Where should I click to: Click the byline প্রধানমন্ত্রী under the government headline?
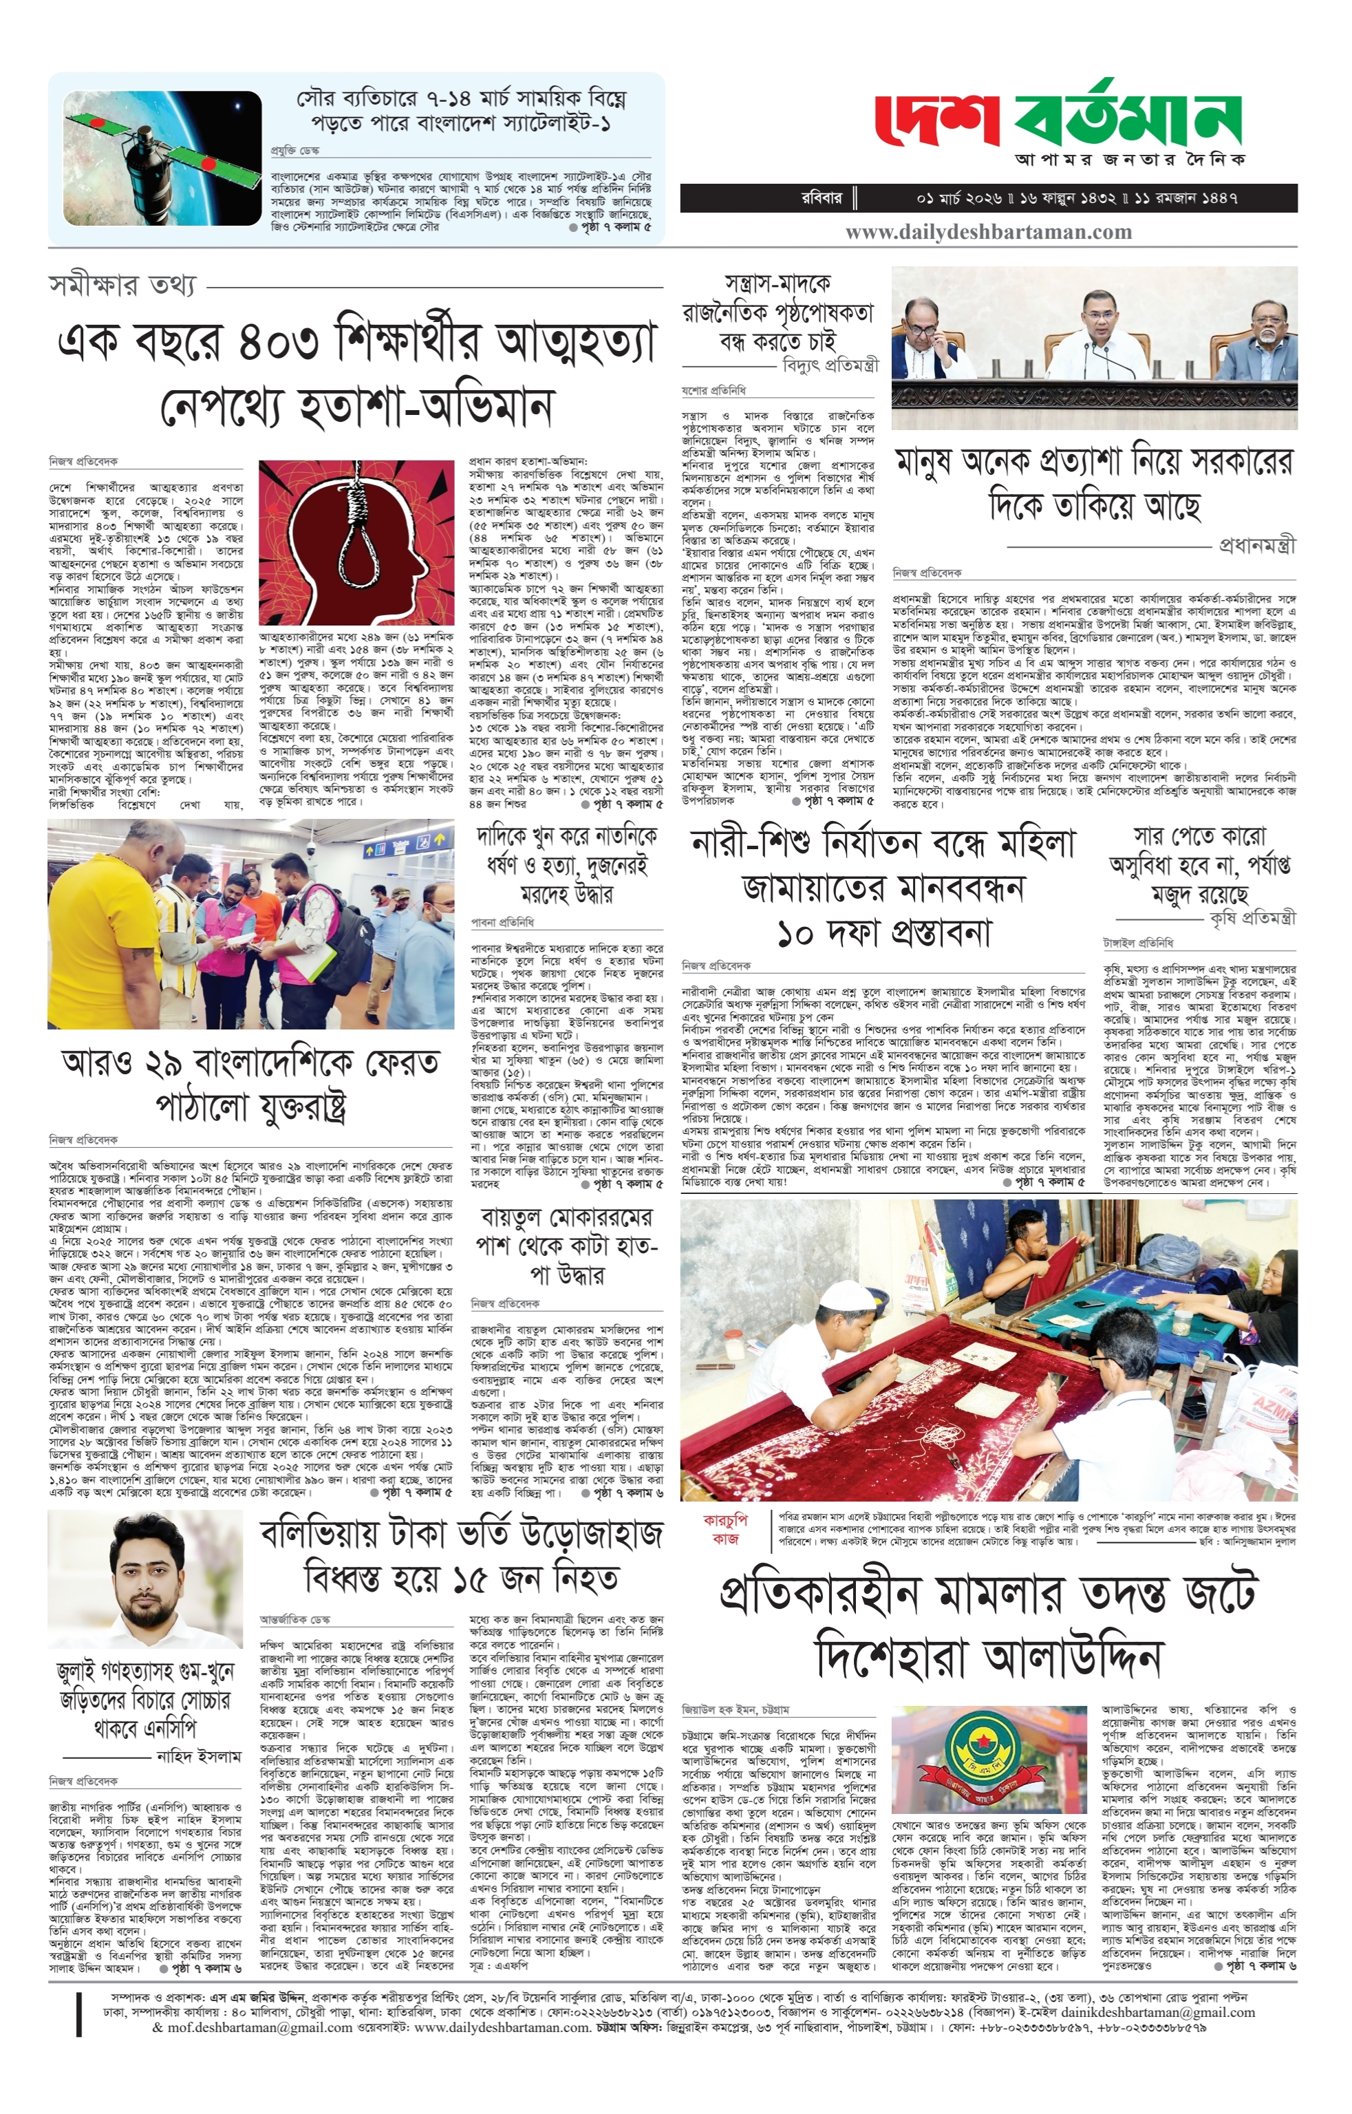click(1256, 545)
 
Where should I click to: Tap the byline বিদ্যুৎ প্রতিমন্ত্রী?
click(830, 364)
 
